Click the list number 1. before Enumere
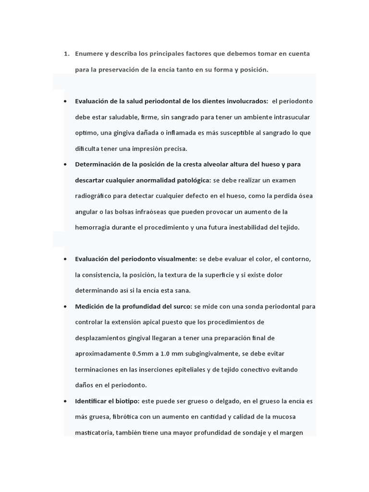tap(67, 53)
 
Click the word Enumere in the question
tap(88, 53)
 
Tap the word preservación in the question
tap(118, 70)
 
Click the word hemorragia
tap(94, 227)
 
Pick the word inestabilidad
tap(228, 227)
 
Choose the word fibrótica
tap(129, 417)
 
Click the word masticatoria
tap(94, 432)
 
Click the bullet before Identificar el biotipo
tap(65, 401)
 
